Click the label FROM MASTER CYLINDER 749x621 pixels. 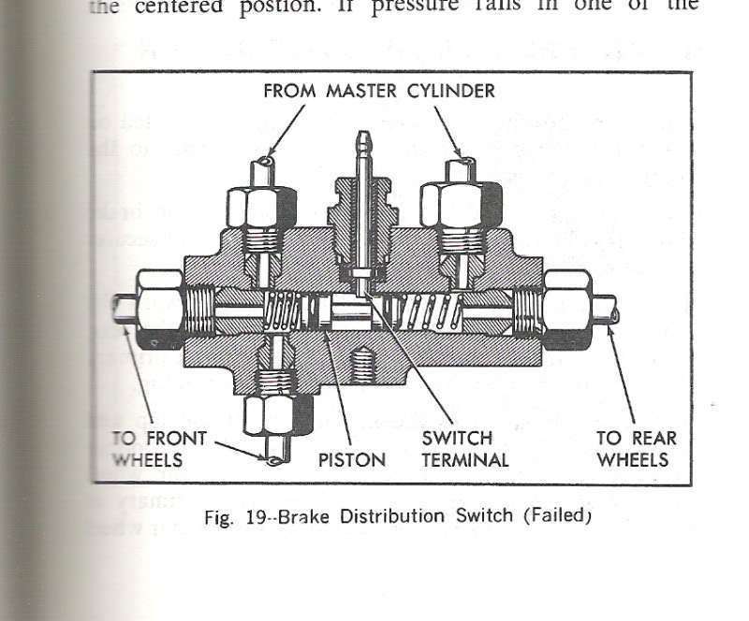pyautogui.click(x=378, y=92)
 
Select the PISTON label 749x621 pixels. pyautogui.click(x=351, y=459)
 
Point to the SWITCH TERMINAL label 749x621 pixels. pyautogui.click(x=464, y=448)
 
